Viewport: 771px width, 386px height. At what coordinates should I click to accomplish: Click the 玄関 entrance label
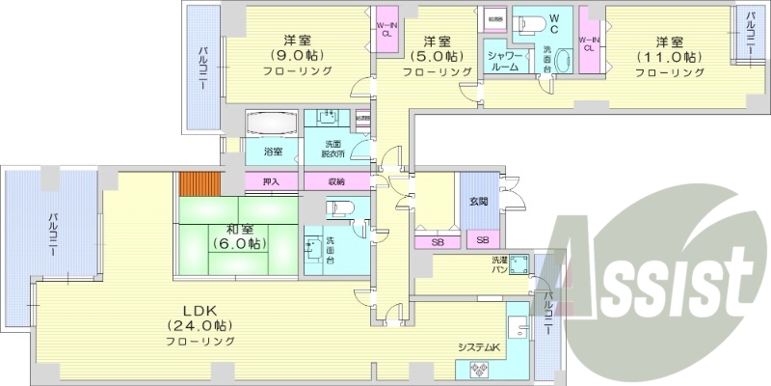(478, 202)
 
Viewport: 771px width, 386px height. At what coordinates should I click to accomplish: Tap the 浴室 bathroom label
(274, 152)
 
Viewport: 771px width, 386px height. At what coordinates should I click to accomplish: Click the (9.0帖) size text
(297, 56)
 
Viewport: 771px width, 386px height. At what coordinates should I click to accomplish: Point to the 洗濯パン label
(479, 264)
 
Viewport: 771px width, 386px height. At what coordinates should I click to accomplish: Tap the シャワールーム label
(505, 63)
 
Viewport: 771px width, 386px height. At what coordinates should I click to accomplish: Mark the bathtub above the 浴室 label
(274, 125)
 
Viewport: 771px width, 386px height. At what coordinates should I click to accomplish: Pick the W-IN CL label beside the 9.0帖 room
(385, 28)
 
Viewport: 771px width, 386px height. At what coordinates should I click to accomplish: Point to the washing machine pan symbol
(520, 264)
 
